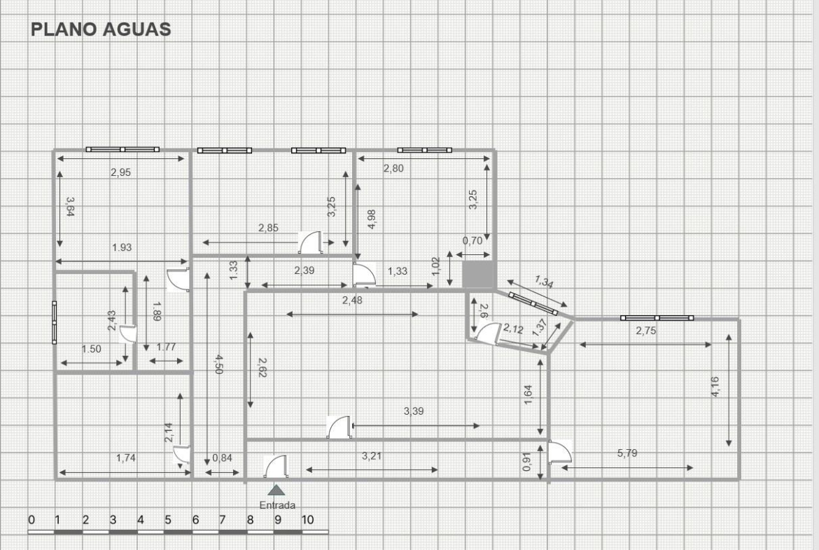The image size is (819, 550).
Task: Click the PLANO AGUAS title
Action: coord(101,29)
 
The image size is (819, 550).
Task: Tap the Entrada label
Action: coord(277,505)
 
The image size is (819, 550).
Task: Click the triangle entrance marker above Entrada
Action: coord(276,490)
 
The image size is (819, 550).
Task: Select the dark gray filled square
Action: coord(478,275)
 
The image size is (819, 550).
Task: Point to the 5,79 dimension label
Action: coord(627,453)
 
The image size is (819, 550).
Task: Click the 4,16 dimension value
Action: coord(715,386)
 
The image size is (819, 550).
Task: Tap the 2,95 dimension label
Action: coord(120,172)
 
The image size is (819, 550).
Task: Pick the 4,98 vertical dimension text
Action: coord(372,219)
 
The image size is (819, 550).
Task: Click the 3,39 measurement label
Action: coord(414,411)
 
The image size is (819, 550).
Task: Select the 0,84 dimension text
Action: coord(222,458)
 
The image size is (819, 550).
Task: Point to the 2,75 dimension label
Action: coord(646,331)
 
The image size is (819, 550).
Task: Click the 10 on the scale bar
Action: coord(307,520)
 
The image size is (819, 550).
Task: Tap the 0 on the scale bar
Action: coord(31,520)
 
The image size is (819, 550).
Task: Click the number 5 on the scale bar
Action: coord(168,520)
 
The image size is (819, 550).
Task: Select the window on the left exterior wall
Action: coord(55,322)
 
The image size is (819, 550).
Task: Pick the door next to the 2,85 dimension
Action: coord(311,242)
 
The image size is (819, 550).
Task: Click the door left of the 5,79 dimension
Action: coord(560,452)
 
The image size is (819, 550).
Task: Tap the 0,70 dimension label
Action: coord(472,241)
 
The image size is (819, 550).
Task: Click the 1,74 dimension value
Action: coord(126,458)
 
